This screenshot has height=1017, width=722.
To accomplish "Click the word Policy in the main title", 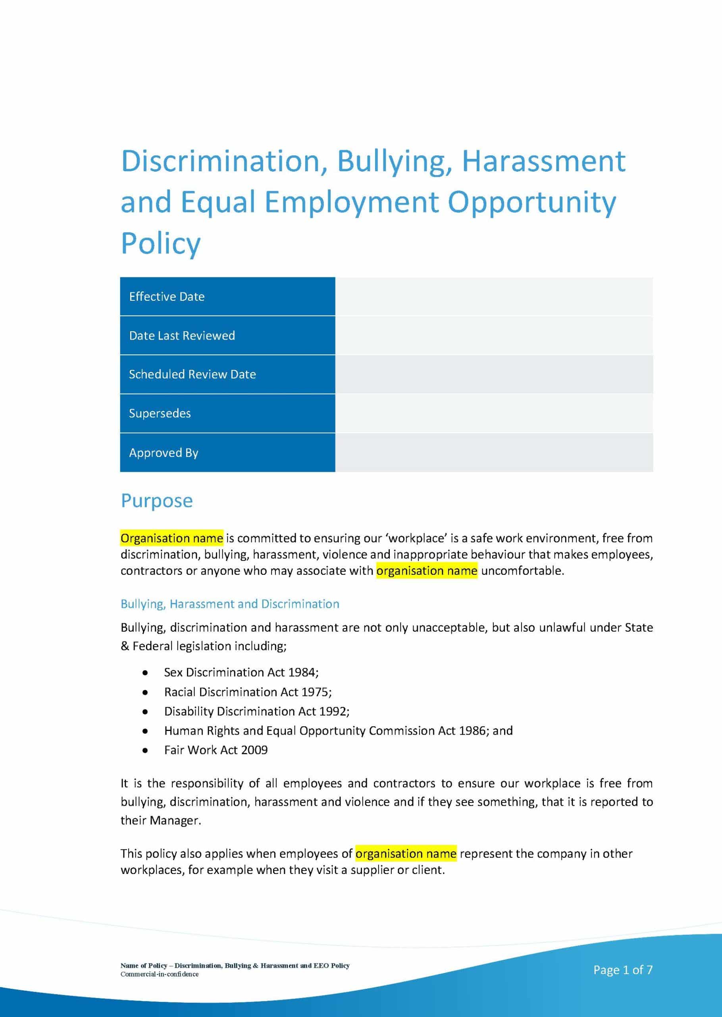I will (x=160, y=244).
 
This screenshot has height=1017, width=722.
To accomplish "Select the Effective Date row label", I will (x=167, y=297).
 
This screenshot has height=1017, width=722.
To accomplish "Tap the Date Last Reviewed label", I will (x=182, y=335).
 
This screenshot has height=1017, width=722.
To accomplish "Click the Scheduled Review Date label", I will (x=192, y=374).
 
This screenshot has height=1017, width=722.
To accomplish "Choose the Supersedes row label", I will (x=160, y=413).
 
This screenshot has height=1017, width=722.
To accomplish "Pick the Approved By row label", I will (x=164, y=452).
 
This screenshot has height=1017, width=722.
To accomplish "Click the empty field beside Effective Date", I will (x=493, y=297).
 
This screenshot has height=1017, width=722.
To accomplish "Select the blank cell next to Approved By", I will (x=493, y=452).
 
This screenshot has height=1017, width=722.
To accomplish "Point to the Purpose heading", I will (x=156, y=501).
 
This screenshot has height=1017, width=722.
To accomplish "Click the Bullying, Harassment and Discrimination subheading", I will (x=230, y=604).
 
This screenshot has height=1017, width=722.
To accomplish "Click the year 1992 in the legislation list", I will (x=333, y=712).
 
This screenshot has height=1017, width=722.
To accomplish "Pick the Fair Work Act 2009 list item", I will (x=216, y=750).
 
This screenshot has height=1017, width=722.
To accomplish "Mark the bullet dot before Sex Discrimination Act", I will (x=145, y=673).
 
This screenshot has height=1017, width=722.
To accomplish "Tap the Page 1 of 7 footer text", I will (x=622, y=970).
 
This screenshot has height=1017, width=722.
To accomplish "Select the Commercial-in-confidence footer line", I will (x=159, y=974).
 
